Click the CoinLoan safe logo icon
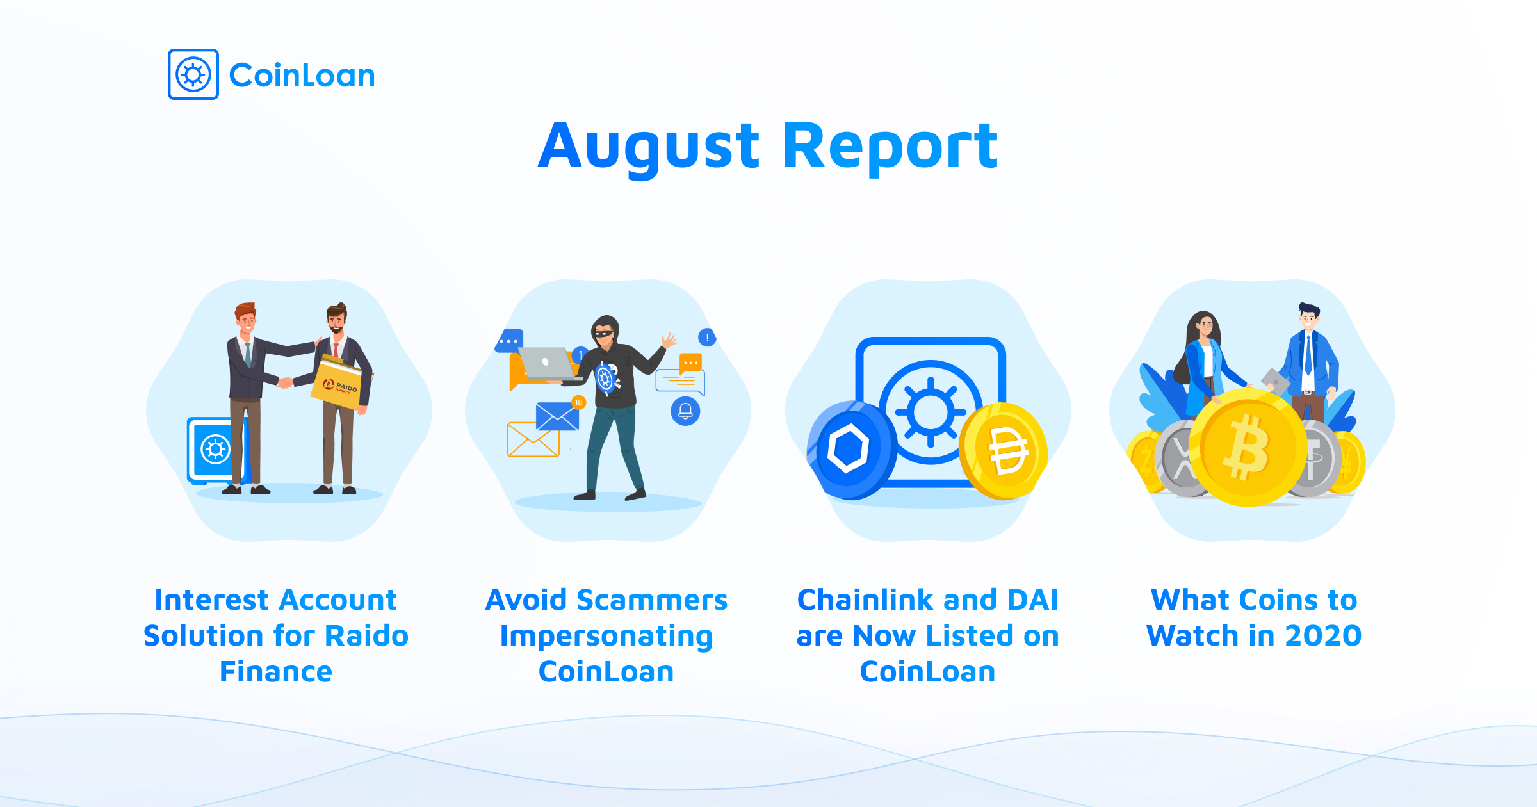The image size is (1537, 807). (193, 74)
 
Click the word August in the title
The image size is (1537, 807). (649, 147)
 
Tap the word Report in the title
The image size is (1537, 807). (890, 147)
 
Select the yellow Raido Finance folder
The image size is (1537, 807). (341, 382)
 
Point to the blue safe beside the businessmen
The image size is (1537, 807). (216, 450)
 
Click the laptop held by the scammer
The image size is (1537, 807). (548, 364)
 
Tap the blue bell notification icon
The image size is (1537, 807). (685, 411)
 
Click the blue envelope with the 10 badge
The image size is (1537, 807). (557, 416)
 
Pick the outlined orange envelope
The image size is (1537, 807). (533, 439)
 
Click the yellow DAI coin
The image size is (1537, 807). (1004, 451)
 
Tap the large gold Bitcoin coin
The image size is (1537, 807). (1248, 448)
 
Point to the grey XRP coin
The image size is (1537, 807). (1182, 458)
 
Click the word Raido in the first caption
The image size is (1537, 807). (367, 636)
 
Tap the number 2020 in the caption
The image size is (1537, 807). (1323, 636)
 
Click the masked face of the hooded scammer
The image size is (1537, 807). (605, 333)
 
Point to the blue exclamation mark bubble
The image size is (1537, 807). (707, 337)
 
